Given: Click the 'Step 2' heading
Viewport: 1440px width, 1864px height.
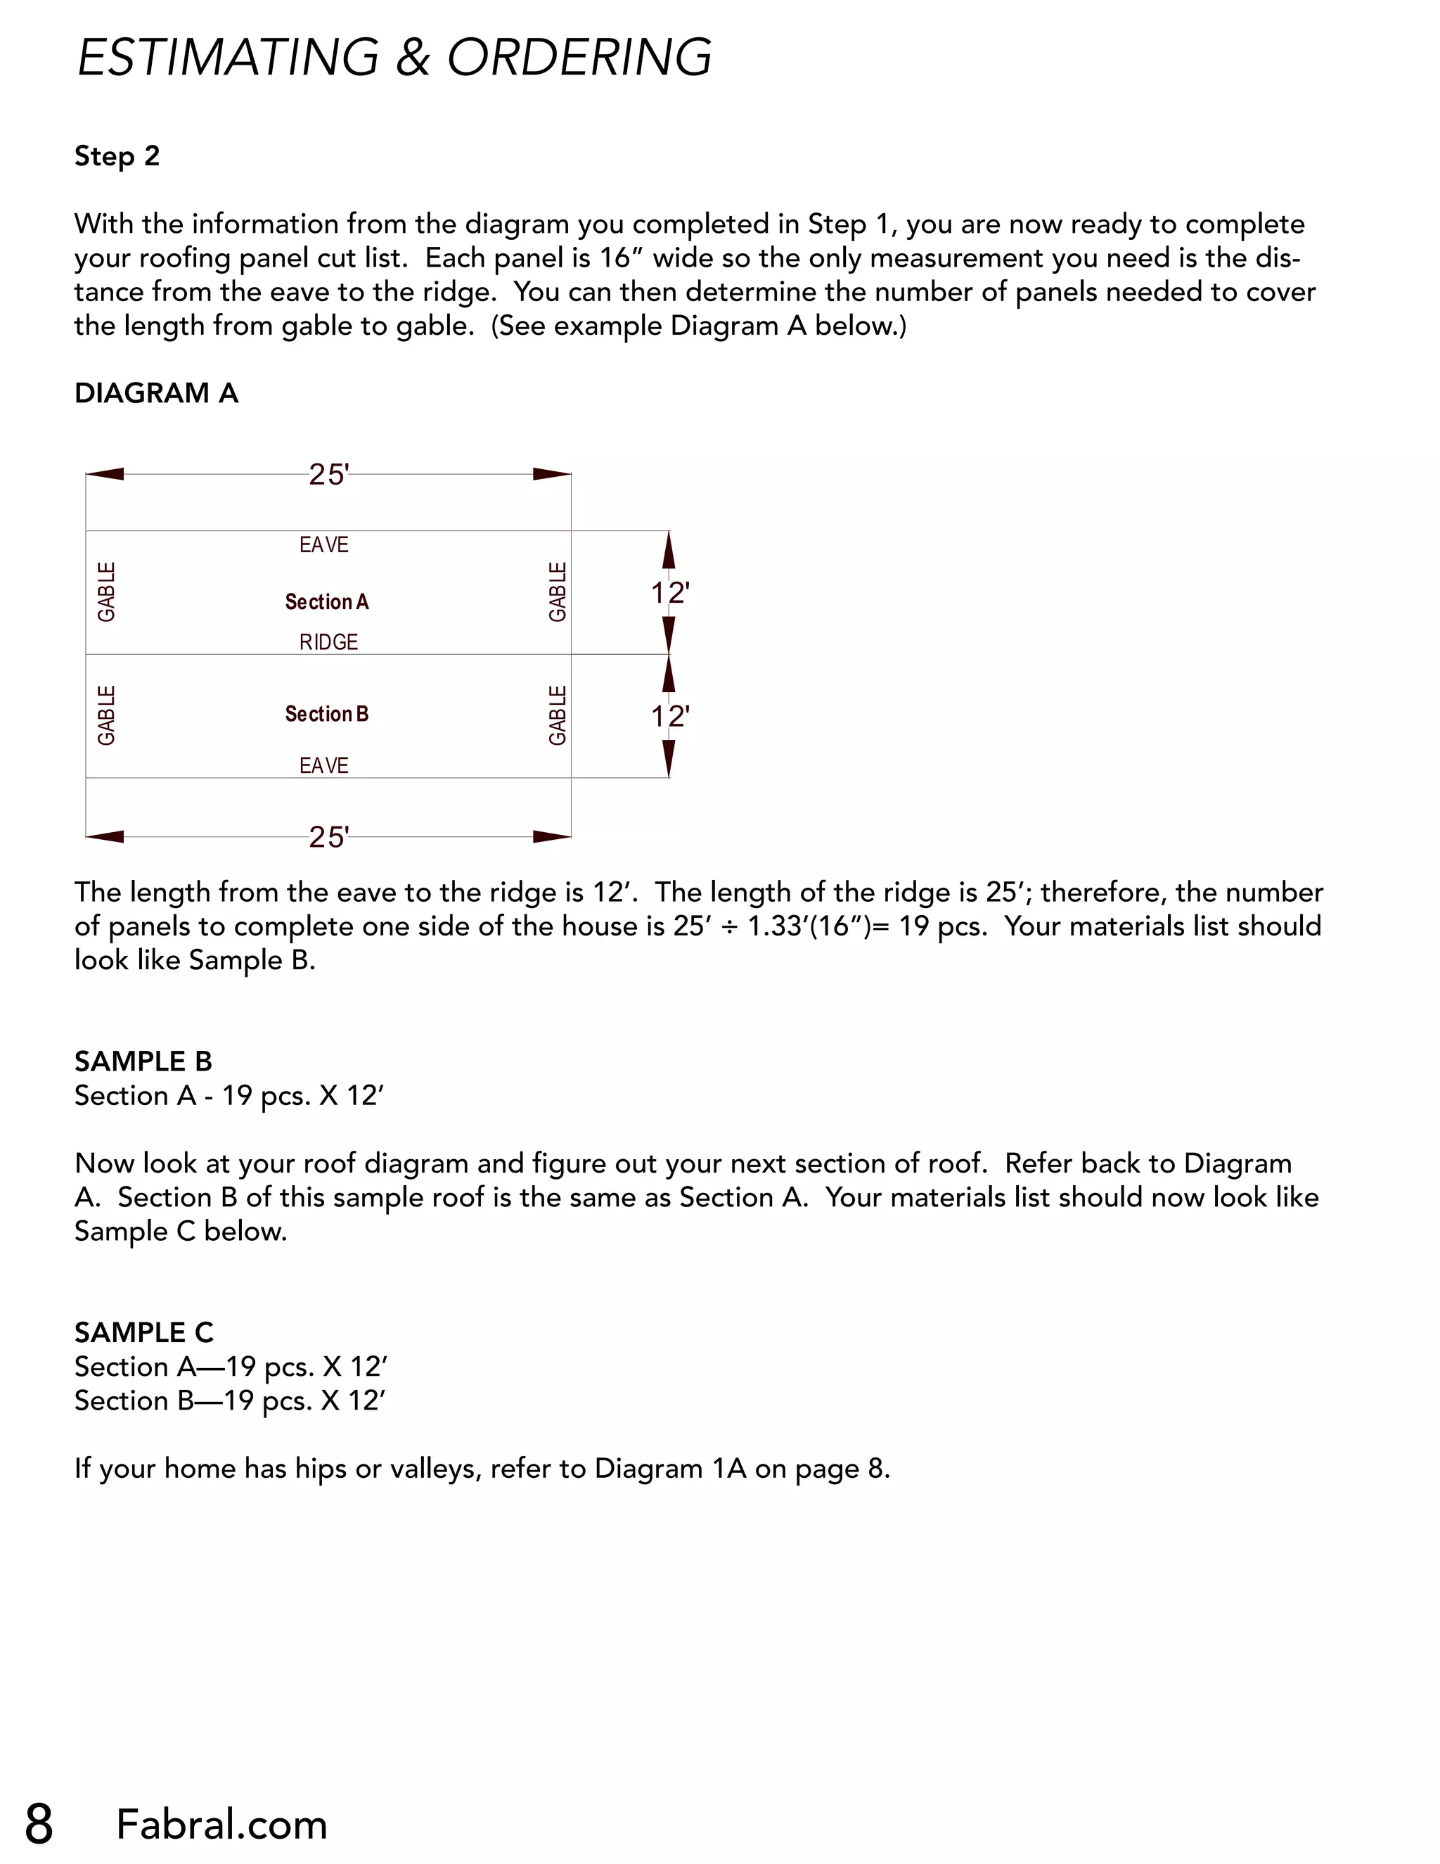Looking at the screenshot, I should (117, 156).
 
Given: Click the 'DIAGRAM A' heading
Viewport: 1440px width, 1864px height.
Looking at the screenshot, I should (156, 393).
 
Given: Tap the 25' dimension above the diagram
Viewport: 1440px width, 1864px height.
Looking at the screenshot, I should (328, 475).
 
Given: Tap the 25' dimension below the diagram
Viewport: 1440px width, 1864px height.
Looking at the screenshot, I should (328, 837).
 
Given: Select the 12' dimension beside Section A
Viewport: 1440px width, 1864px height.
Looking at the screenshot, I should (669, 592).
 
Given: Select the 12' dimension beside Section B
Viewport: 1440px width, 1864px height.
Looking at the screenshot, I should (669, 716).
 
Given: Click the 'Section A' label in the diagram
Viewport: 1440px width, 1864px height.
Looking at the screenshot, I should (327, 601).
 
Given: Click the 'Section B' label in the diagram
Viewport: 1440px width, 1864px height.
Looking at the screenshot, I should (327, 713).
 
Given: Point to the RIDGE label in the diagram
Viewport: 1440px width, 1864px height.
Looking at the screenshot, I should (328, 641).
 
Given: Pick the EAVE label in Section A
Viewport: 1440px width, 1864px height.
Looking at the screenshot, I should (323, 544).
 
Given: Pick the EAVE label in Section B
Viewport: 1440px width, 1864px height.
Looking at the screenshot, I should (323, 765).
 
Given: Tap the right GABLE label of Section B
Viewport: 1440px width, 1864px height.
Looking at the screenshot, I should (557, 715).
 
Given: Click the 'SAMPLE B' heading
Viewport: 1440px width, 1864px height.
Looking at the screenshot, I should (143, 1061).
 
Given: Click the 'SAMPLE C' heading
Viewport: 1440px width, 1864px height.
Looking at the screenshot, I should (143, 1332).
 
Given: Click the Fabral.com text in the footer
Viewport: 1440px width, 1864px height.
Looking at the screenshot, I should (221, 1825).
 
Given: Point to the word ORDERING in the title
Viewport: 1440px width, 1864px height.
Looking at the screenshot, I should (579, 58).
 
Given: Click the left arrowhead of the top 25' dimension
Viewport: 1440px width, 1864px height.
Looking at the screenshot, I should (105, 475).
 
